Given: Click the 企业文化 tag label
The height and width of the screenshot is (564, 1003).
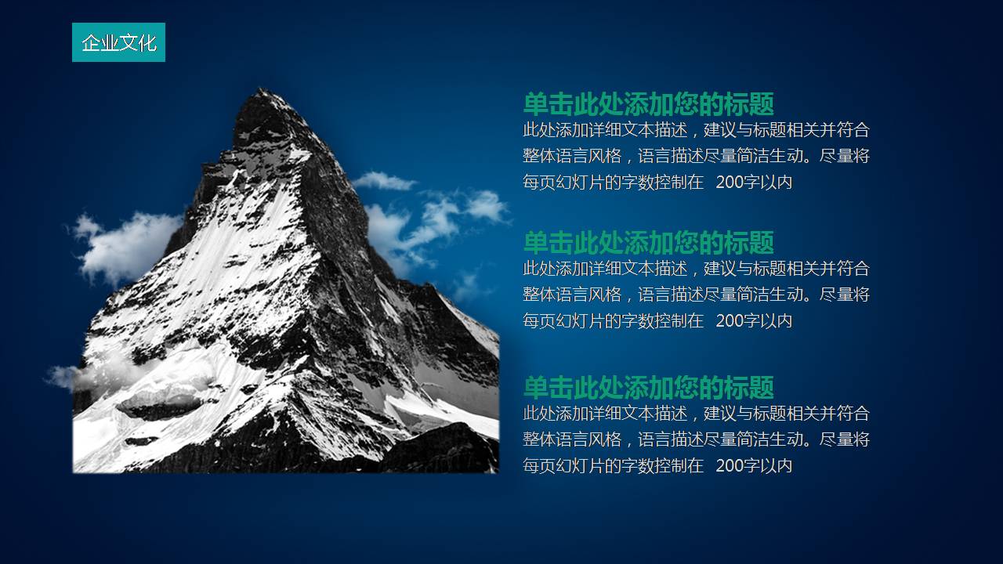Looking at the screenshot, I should (x=118, y=42).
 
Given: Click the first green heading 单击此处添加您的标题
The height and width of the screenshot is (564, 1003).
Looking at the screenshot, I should (x=648, y=104).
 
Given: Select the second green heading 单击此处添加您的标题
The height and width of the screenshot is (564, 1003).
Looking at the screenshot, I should (x=648, y=243).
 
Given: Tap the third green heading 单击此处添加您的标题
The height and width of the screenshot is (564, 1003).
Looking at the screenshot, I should (x=648, y=388).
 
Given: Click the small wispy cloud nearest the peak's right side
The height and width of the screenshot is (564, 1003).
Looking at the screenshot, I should (x=384, y=182).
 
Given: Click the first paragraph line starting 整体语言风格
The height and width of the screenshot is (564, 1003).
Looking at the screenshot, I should (x=696, y=156).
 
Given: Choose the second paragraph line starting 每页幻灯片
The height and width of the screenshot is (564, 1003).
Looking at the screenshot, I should (x=657, y=320).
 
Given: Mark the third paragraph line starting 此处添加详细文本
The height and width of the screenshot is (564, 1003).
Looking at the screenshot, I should (x=696, y=413).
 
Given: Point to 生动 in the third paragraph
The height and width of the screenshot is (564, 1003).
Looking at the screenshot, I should (x=793, y=439).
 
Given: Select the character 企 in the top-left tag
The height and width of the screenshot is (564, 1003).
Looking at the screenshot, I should (x=90, y=42).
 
